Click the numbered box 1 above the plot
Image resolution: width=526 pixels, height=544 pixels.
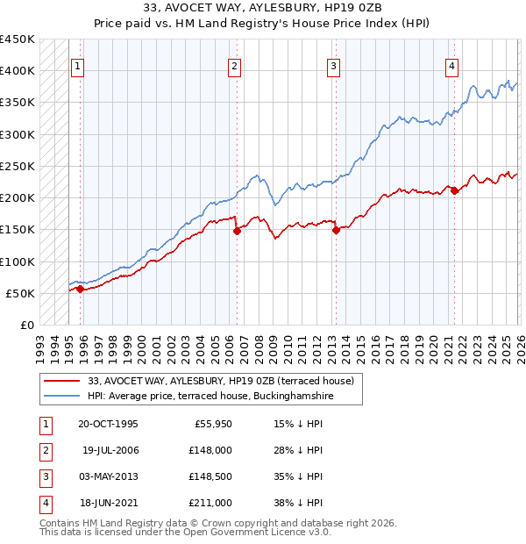coord(78,66)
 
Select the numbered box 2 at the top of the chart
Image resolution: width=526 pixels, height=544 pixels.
coord(235,66)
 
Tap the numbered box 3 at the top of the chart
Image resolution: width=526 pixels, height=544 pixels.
coord(334,66)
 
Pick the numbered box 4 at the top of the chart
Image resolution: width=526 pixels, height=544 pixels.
coord(451,66)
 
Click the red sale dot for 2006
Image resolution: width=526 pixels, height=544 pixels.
coord(237,232)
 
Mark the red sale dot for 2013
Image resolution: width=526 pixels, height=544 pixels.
coord(336,231)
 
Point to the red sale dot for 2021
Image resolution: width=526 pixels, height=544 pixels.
coord(454,191)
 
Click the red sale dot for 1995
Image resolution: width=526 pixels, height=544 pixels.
coord(80,289)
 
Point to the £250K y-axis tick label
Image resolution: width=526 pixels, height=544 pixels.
coord(18,166)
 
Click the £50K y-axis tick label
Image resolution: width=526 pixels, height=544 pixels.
coord(21,293)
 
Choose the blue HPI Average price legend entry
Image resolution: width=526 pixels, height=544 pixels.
coord(210,397)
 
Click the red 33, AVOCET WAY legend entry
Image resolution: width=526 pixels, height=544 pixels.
coord(220,381)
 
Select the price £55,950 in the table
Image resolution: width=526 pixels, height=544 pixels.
coord(210,424)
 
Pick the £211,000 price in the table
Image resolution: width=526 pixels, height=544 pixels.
coord(210,503)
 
